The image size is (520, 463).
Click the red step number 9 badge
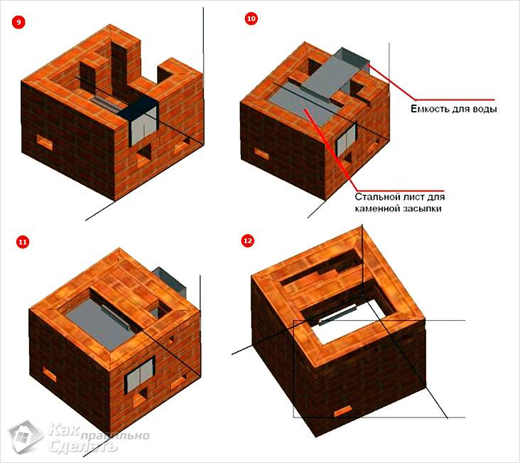click(18, 23)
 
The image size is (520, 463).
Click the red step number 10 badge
click(251, 18)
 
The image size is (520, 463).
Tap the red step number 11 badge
click(23, 242)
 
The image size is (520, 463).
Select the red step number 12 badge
click(248, 240)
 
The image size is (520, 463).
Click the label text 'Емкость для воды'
click(454, 109)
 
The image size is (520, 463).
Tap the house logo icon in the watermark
click(26, 437)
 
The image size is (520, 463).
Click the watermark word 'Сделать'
click(83, 446)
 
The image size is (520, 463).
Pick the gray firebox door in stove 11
click(141, 374)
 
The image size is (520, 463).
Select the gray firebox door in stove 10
click(347, 139)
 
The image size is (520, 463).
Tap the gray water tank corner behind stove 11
click(169, 278)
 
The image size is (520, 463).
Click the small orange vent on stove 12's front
click(343, 411)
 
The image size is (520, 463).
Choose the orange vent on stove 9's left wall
click(45, 142)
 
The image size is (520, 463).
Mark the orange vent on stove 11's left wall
click(50, 375)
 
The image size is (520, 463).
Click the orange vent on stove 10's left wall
click(262, 154)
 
